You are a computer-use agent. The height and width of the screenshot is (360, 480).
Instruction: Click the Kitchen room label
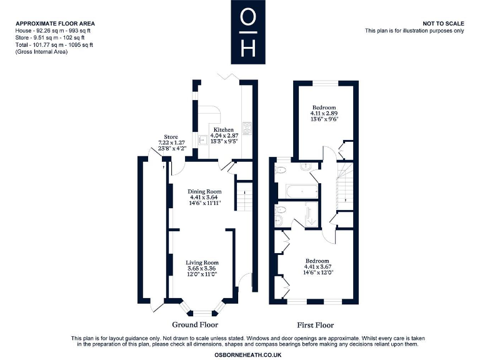click(224, 130)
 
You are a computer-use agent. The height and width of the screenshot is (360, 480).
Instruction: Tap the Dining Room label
click(204, 192)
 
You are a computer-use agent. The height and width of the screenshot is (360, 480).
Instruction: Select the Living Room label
click(202, 262)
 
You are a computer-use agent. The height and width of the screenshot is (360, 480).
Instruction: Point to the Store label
click(171, 137)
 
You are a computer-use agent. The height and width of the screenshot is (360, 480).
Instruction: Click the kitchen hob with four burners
click(247, 128)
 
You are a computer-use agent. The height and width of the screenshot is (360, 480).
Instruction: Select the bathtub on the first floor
click(302, 192)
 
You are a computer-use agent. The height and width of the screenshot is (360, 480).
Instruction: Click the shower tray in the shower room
click(312, 214)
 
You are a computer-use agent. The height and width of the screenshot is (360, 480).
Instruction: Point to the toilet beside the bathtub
click(280, 169)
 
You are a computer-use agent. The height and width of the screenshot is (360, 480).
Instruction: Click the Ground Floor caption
click(195, 325)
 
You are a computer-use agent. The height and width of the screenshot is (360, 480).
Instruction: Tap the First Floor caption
click(315, 325)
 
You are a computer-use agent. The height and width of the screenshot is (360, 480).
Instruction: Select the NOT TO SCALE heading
click(443, 24)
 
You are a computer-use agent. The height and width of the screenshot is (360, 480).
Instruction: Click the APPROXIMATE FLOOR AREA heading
click(56, 24)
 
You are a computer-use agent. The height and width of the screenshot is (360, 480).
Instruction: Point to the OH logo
click(248, 32)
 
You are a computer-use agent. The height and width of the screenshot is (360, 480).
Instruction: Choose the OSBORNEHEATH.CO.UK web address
click(248, 355)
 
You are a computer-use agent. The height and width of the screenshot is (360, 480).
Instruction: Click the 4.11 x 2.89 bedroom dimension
click(324, 113)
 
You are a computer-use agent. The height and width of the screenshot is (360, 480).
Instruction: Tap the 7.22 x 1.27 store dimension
click(171, 142)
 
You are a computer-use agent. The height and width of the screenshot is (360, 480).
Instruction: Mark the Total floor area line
click(54, 45)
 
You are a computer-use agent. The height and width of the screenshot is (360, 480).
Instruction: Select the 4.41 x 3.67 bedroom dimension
click(317, 267)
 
